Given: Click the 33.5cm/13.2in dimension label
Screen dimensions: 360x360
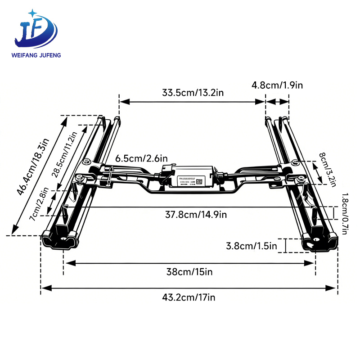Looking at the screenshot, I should [193, 93].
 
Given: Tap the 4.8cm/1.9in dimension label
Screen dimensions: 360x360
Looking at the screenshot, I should [277, 85].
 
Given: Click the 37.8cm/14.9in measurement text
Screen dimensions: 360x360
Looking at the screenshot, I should [196, 214].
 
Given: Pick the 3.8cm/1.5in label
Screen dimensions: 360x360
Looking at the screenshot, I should [251, 246].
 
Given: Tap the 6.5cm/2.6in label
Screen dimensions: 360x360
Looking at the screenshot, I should [141, 158].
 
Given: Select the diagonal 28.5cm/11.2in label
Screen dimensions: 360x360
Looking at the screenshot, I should [66, 155].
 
